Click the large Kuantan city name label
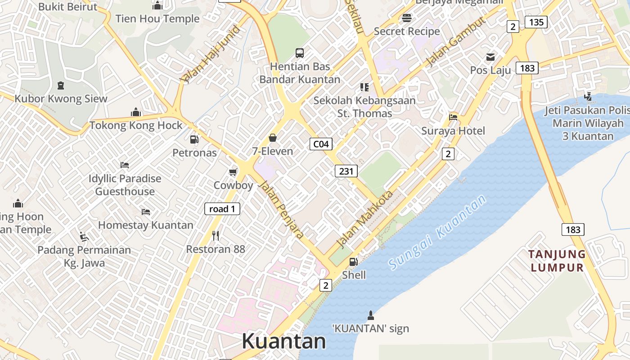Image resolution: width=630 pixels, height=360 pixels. [283, 341]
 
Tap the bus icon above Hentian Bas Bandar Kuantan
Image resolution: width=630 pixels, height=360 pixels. [300, 53]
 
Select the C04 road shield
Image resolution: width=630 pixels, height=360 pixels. [321, 144]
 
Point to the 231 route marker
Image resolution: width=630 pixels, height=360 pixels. [346, 171]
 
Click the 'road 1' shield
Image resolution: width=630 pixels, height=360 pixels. [222, 209]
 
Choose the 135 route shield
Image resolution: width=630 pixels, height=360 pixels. [536, 22]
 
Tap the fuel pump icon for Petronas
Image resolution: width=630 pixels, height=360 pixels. [194, 139]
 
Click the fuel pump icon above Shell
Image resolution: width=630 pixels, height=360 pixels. [354, 261]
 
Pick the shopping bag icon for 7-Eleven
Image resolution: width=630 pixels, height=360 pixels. [272, 138]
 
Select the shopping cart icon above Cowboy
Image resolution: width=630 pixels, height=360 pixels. [233, 172]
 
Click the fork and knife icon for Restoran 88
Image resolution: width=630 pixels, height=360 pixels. [216, 235]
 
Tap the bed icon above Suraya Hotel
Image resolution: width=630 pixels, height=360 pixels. [453, 117]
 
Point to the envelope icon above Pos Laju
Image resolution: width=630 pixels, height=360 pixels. [490, 57]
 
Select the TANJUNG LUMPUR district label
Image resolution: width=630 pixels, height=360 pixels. [557, 261]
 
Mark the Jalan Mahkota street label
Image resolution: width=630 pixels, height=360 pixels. [364, 220]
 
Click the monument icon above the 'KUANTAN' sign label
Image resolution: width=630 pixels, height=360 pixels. [371, 315]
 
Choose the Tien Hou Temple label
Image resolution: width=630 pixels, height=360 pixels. [157, 19]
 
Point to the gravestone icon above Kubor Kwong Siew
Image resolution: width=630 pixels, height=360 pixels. [61, 85]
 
